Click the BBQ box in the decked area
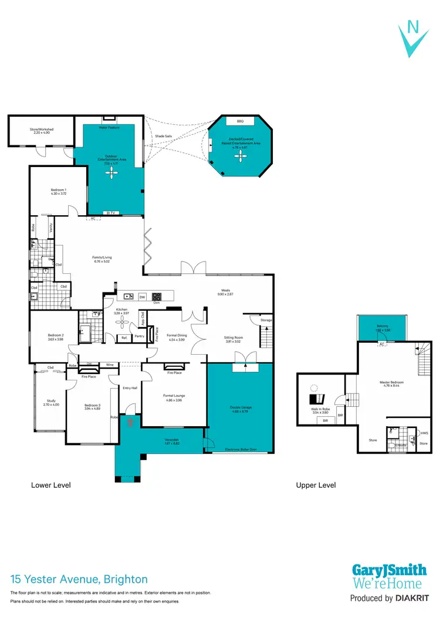[x=239, y=121]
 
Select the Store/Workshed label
[x=41, y=130]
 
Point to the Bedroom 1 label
[x=57, y=190]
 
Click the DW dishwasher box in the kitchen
[x=142, y=297]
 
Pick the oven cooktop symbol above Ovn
[x=157, y=297]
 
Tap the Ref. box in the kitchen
[x=124, y=338]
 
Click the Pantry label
[x=139, y=336]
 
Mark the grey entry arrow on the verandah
[x=131, y=420]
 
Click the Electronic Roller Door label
[x=241, y=450]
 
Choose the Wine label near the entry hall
[x=110, y=365]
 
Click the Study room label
[x=51, y=401]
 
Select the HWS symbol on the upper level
[x=424, y=433]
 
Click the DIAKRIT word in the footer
[x=412, y=599]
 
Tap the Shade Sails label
[x=163, y=136]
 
